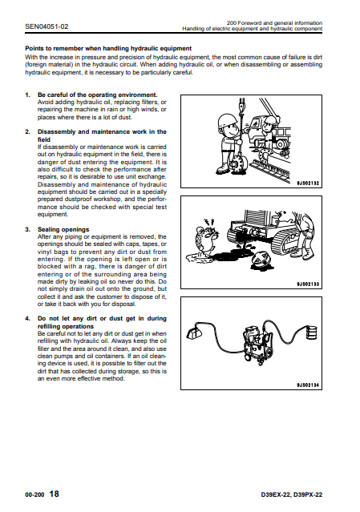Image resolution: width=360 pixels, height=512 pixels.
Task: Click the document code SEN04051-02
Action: [47, 26]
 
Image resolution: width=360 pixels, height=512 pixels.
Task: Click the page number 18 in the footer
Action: [54, 494]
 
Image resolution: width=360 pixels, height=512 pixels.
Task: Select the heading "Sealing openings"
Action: [63, 229]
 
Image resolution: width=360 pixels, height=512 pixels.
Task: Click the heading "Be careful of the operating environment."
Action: [97, 95]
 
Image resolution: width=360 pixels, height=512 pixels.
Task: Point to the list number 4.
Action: [27, 318]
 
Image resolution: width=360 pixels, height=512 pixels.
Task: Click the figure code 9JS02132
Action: [308, 183]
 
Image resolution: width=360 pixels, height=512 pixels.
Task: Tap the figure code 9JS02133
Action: [308, 284]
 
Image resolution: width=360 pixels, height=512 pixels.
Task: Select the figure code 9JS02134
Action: [308, 385]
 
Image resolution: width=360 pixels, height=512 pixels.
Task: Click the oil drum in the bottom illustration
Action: [312, 332]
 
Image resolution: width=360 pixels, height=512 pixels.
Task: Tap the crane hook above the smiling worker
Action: [242, 107]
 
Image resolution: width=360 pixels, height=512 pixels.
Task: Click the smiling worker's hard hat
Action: [227, 120]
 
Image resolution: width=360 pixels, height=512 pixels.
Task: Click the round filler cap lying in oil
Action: [261, 260]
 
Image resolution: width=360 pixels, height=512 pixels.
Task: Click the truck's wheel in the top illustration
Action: [281, 143]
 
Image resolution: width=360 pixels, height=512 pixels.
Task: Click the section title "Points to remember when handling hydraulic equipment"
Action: [108, 48]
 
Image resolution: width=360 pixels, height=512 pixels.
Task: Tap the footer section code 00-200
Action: [34, 494]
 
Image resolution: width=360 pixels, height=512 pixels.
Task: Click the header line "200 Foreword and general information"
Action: [274, 23]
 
